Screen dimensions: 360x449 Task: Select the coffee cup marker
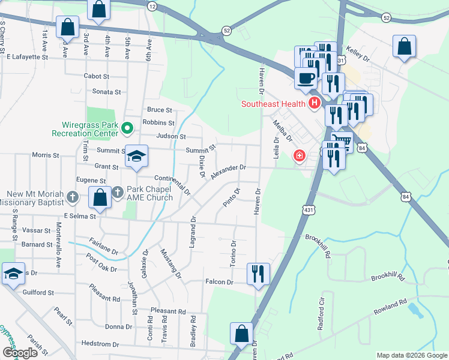[306, 79]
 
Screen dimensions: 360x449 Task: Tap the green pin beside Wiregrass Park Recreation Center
[127, 128]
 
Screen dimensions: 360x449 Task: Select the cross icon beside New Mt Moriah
[73, 196]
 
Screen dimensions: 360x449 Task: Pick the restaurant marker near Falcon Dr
[259, 274]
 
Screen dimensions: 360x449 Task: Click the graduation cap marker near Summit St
[137, 157]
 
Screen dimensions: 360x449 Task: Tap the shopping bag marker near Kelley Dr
[405, 46]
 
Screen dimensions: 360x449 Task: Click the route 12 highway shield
[152, 6]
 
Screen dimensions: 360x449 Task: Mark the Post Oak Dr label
[100, 263]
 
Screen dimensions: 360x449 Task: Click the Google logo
[20, 353]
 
